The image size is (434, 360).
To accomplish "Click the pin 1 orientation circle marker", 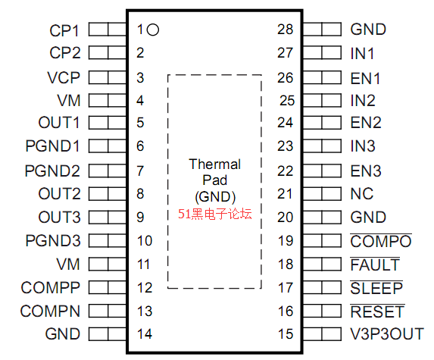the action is [x=153, y=30].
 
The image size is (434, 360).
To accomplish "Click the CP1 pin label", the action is [x=64, y=30].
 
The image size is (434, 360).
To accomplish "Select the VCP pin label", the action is [x=64, y=77].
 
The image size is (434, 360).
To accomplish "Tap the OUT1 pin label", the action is [x=59, y=123].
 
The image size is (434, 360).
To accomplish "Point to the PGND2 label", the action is [x=52, y=171].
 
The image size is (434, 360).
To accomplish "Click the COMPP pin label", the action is [x=51, y=288].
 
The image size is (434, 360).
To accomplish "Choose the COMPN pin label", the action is [x=50, y=311].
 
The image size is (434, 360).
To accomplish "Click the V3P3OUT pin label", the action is [x=387, y=334].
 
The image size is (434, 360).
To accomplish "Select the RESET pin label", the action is [x=377, y=311].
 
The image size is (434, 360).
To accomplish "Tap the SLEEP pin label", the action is [x=376, y=288].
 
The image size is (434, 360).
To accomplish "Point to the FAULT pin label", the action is [x=375, y=265].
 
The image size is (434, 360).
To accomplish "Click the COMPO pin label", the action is [x=381, y=241].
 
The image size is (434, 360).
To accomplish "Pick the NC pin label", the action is [x=362, y=194].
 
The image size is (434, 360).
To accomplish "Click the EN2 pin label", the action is [x=366, y=123].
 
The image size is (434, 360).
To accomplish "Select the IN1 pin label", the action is [x=362, y=54].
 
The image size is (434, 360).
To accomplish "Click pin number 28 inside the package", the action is [x=285, y=30].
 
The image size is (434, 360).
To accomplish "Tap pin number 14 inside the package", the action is [x=145, y=334].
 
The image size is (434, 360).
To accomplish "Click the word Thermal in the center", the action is [x=215, y=164].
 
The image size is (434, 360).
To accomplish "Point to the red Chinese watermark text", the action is [x=215, y=214].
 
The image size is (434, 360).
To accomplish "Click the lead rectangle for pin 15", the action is [x=322, y=334].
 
